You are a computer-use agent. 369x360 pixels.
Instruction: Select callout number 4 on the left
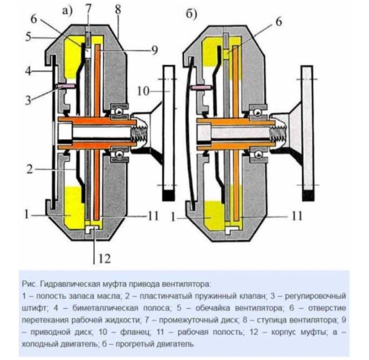click(28, 72)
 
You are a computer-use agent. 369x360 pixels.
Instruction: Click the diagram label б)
click(191, 15)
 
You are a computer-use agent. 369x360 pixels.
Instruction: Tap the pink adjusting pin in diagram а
click(65, 86)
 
